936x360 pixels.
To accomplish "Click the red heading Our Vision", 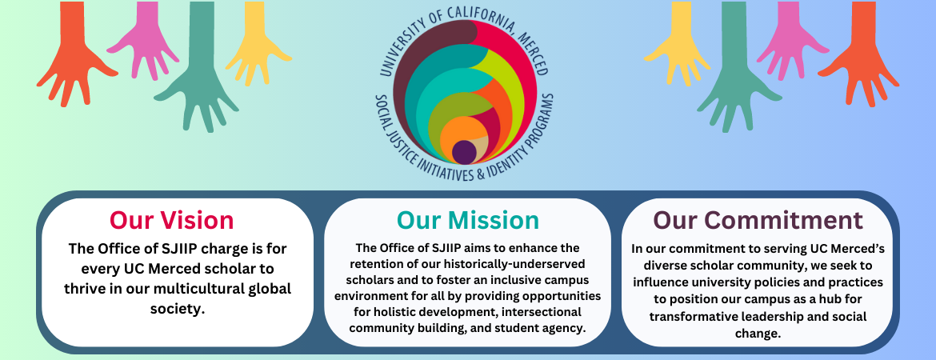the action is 172,220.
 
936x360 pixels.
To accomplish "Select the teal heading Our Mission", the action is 468,220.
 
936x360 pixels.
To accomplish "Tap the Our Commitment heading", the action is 758,220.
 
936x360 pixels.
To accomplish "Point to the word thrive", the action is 84,289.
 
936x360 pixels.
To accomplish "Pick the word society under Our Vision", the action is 178,310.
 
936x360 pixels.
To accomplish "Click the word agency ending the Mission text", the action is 568,328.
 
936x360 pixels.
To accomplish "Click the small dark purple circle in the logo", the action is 464,152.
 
